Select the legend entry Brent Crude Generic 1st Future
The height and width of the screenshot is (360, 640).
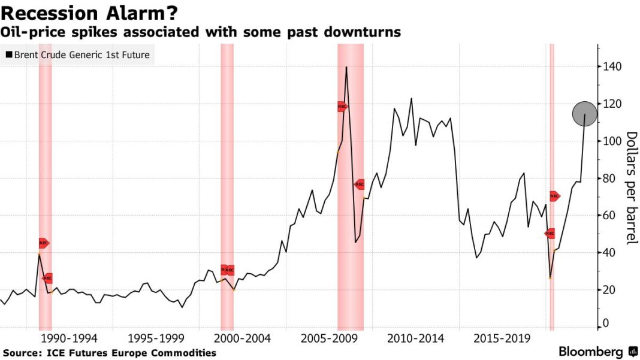coord(77,56)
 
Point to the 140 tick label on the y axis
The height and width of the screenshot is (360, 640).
coord(613,66)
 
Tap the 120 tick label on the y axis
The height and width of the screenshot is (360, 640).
coord(613,104)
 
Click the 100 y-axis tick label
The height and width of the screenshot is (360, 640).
coord(613,141)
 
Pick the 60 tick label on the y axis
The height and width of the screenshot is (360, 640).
coord(611,216)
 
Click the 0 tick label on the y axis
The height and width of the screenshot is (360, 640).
coord(606,324)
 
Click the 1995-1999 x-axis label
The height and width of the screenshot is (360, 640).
coord(158,339)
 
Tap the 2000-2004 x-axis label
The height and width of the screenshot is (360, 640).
coord(243,339)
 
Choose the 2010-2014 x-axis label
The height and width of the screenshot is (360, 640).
coord(416,339)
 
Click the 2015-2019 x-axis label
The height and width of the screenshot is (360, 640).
coord(502,339)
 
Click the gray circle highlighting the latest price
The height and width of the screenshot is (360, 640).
coord(585,114)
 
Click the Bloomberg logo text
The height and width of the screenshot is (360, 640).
coord(591,352)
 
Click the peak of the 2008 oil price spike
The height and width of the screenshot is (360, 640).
coord(346,67)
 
